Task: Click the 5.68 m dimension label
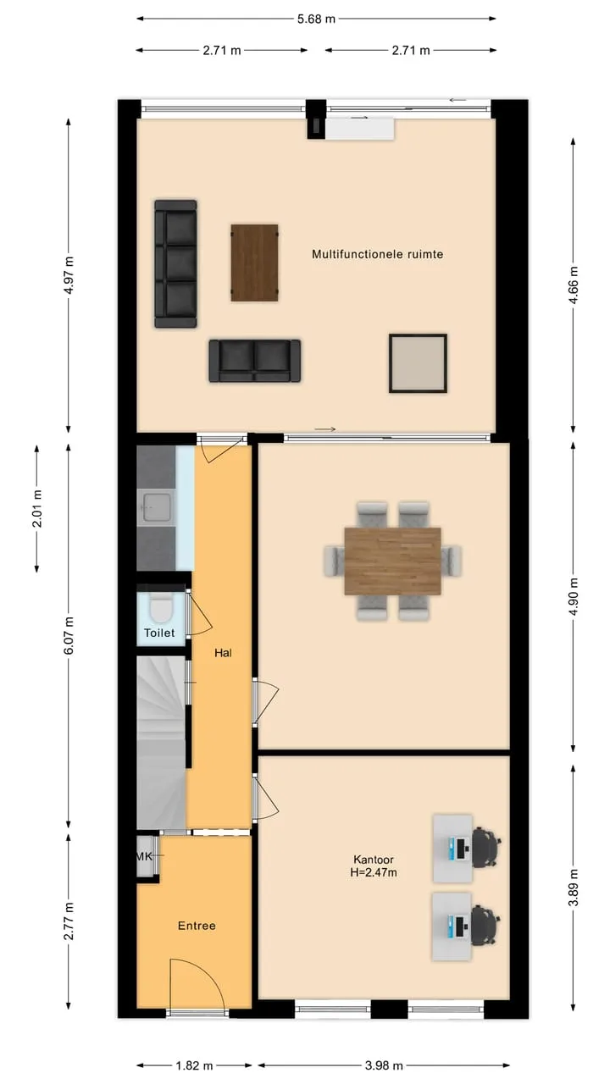point(316,19)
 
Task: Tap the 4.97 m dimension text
point(69,275)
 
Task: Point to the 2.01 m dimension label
point(37,508)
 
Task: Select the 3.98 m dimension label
point(384,1065)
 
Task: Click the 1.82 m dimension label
point(194,1065)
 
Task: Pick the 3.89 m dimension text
point(574,887)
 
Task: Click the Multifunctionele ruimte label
point(377,254)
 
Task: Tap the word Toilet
point(159,633)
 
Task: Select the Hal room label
point(223,653)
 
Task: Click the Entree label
point(197,926)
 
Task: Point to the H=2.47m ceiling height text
point(374,872)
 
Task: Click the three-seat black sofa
point(175,263)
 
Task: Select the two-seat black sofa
point(255,361)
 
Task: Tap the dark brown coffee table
point(254,263)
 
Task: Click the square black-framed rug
point(418,363)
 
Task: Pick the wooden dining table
point(392,561)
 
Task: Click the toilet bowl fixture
point(160,609)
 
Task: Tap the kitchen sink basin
point(156,507)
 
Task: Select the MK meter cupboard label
point(144,856)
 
